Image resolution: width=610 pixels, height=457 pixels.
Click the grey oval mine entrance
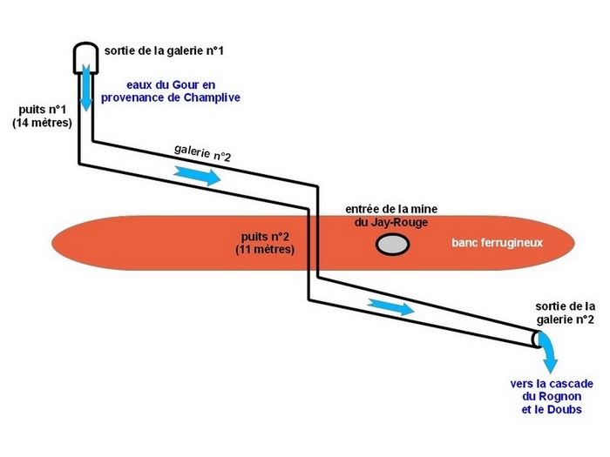pyautogui.click(x=392, y=245)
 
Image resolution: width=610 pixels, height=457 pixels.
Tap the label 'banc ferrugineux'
pyautogui.click(x=497, y=243)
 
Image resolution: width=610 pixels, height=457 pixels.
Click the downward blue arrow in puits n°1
pyautogui.click(x=86, y=91)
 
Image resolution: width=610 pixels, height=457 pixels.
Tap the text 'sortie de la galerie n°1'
pyautogui.click(x=164, y=52)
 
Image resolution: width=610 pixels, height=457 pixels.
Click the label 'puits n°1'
pyautogui.click(x=43, y=111)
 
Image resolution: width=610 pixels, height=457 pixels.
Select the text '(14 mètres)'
pyautogui.click(x=43, y=124)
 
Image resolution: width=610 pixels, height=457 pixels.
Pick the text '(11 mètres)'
pyautogui.click(x=265, y=250)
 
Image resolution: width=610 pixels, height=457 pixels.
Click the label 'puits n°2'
pyautogui.click(x=266, y=236)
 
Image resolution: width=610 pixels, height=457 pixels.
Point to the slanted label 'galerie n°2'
pyautogui.click(x=202, y=153)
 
